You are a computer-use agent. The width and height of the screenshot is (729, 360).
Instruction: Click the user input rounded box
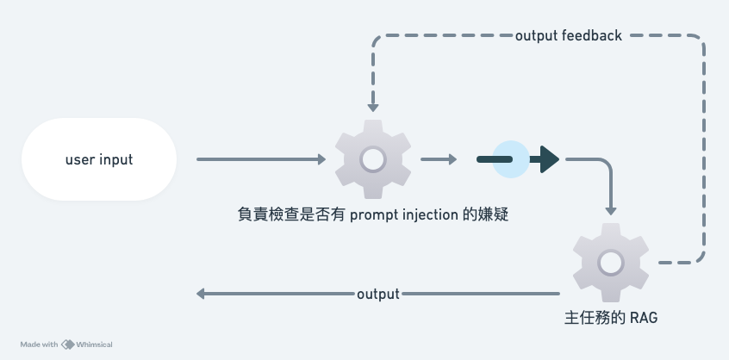(x=99, y=159)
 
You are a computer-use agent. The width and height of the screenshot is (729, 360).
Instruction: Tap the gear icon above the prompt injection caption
(x=372, y=159)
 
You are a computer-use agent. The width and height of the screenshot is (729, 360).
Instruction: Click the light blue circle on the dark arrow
(x=509, y=159)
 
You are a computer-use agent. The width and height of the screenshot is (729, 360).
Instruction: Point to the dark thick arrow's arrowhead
(x=549, y=159)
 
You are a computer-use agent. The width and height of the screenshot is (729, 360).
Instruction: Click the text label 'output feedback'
(x=568, y=36)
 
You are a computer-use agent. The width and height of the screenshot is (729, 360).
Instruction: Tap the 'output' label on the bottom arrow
(x=377, y=294)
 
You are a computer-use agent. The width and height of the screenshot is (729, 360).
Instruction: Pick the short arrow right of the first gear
(x=439, y=159)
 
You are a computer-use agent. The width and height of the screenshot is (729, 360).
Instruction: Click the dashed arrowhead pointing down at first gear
(x=372, y=107)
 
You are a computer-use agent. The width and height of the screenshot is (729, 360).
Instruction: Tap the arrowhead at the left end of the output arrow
(x=201, y=294)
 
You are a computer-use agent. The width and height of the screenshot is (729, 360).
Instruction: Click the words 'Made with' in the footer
(x=39, y=344)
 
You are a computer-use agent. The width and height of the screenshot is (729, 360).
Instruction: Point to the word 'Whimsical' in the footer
(x=94, y=344)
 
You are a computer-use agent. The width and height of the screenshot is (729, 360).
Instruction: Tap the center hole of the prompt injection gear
(x=372, y=159)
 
